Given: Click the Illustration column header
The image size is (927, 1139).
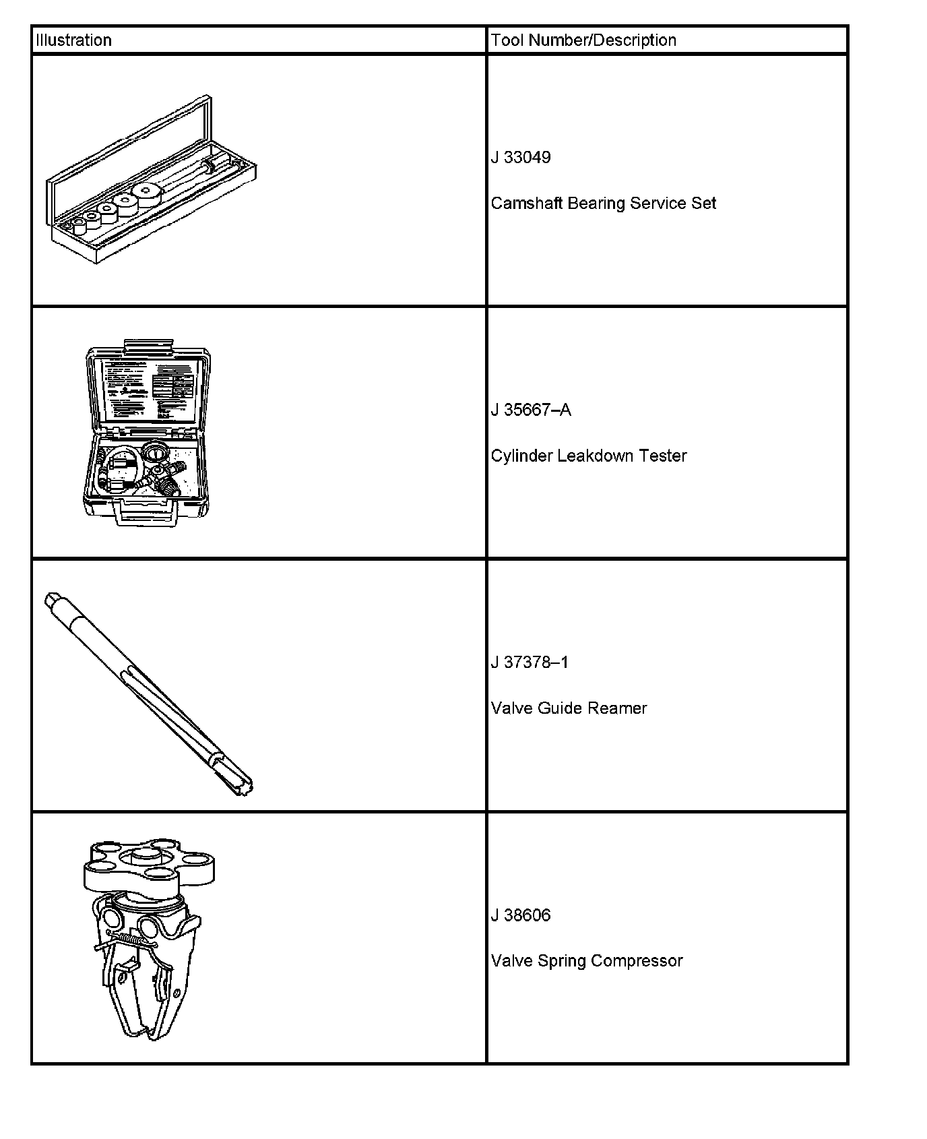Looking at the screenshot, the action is pos(73,40).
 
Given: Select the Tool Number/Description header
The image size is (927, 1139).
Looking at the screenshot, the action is pos(583,40).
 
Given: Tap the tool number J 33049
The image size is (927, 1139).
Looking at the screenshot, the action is pos(521,158).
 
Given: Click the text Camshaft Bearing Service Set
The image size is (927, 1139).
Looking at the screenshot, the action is pos(603,204).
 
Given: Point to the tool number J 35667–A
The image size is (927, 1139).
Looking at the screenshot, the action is pos(531,410).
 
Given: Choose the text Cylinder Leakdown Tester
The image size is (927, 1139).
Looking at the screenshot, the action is pos(588,456).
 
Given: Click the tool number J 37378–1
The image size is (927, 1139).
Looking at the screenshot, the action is pos(530,663).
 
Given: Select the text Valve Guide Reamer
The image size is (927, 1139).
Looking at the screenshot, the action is pos(569,708).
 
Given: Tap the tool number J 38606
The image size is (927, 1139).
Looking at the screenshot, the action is pos(521,915).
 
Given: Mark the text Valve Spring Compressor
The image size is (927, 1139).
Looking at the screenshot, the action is pos(587,961).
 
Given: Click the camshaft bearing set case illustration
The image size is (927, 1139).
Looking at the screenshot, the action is pos(152,195).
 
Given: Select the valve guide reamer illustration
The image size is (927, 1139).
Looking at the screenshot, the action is pos(148,694).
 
